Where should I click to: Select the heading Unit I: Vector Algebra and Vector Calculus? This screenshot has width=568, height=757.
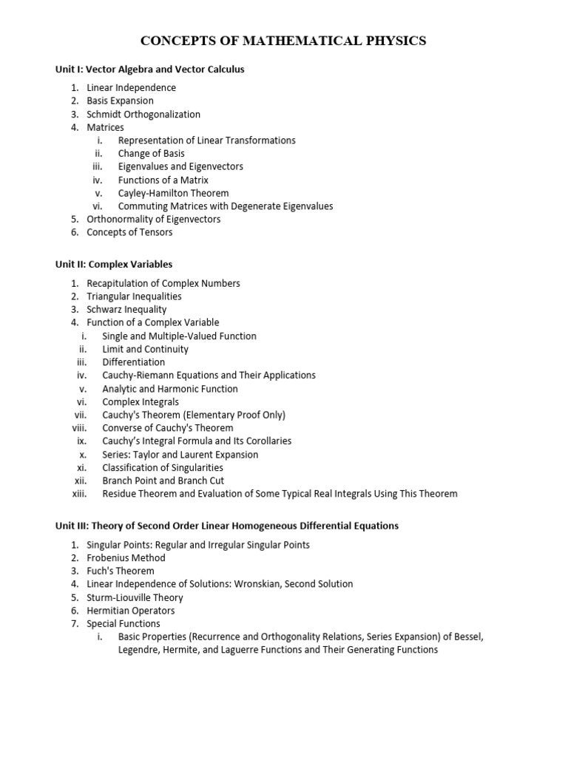pos(150,69)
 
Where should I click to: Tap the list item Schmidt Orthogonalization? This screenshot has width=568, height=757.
pos(143,115)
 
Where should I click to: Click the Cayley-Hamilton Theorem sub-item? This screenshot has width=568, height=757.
pos(173,193)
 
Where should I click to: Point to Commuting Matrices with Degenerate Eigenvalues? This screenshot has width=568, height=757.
pos(226,206)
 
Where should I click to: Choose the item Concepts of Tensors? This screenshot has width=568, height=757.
pos(129,232)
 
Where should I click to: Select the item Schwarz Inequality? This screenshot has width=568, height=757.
pos(126,310)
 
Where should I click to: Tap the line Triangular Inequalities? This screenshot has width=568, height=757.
pos(134,296)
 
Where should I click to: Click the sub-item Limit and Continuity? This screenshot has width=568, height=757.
pos(145,349)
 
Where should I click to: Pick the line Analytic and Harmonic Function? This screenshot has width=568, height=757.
pos(170,389)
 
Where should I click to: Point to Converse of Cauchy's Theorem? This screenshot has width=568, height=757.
pos(168,428)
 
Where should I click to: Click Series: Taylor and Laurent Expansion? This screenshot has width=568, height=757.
pos(180,455)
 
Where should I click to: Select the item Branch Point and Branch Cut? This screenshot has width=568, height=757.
pos(163,481)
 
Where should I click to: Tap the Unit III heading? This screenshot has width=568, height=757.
pos(227,526)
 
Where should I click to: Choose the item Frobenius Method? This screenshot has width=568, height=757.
pos(126,558)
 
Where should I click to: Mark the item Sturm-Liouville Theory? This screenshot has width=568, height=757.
pos(135,597)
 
